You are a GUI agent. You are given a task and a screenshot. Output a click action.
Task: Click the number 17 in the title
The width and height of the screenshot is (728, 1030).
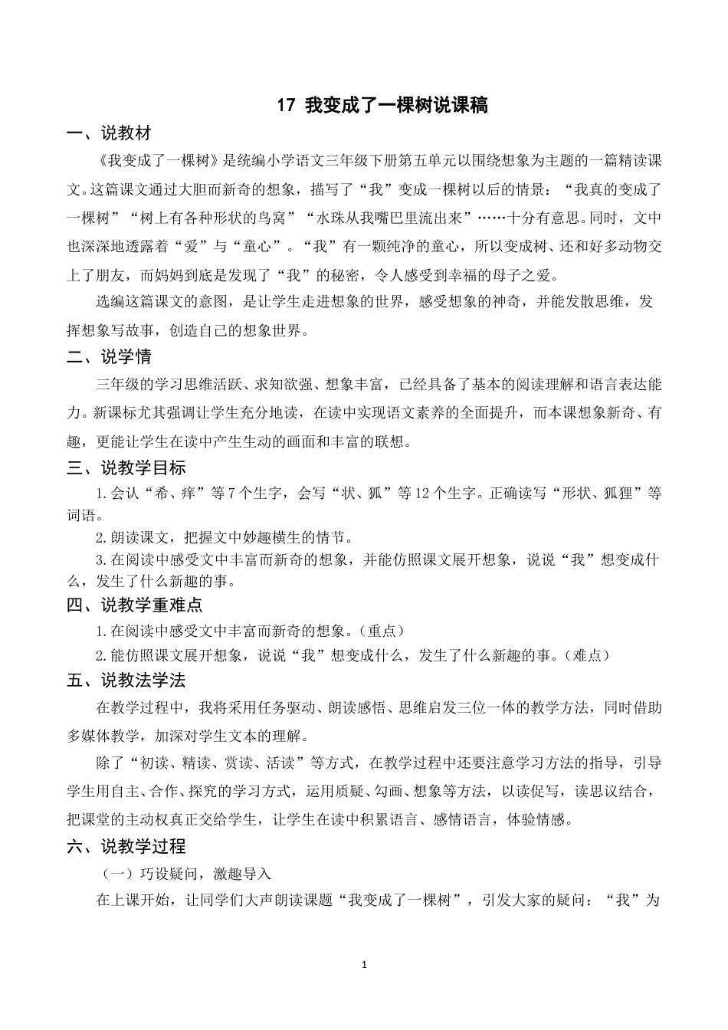tap(284, 107)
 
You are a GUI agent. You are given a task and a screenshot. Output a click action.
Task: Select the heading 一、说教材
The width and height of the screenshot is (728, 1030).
tap(109, 134)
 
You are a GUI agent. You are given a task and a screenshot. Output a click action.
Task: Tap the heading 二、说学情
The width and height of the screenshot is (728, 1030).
tap(109, 357)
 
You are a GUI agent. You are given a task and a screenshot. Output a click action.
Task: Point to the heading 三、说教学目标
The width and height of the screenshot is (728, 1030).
tap(126, 468)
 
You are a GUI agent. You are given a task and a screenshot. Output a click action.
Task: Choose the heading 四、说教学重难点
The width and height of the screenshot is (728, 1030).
tap(134, 605)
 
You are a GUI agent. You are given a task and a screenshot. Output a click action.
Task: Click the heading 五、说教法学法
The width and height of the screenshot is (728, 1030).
tap(126, 681)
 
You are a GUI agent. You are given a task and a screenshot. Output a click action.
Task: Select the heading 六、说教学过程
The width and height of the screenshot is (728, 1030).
tap(126, 847)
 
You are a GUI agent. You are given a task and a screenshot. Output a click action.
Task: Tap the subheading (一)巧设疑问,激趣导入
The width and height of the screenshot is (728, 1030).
tap(187, 874)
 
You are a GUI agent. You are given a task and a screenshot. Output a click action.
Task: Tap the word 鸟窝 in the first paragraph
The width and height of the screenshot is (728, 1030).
tap(271, 218)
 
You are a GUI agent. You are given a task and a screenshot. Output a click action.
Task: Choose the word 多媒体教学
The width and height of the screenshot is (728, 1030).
tap(103, 736)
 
